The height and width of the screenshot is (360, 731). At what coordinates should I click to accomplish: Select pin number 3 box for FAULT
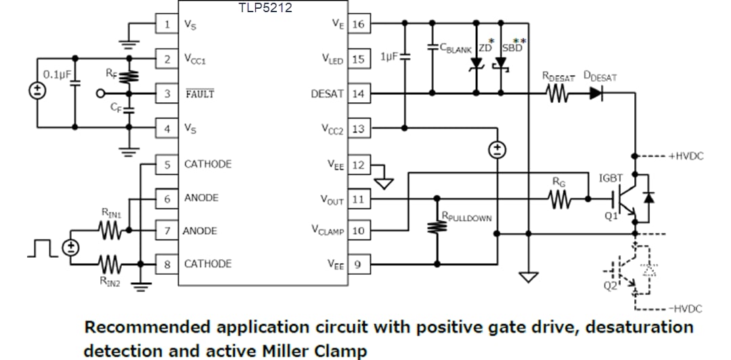coord(167,93)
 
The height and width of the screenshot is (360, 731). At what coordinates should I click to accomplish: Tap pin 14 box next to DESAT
coord(359,93)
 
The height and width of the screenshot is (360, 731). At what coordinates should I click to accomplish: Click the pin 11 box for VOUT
coord(359,199)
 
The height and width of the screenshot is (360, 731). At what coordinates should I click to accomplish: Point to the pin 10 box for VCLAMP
coord(359,231)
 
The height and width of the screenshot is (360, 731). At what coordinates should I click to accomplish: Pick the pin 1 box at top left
coord(167,24)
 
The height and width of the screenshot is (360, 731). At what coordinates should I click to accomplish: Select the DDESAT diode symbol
coord(595,94)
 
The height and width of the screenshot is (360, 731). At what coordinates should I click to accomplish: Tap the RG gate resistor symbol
coord(560,199)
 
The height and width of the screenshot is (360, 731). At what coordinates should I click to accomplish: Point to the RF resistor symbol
coord(129,76)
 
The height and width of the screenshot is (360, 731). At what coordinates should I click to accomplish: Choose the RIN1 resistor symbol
coord(110,231)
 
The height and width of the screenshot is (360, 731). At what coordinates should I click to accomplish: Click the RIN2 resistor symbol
coord(110,263)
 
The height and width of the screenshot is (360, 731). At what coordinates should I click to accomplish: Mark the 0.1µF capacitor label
coord(57,73)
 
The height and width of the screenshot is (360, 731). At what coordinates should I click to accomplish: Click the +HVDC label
coord(686,156)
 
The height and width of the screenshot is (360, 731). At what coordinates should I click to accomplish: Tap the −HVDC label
coord(686,309)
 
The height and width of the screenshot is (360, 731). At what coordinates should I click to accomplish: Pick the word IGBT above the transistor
coord(611,178)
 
